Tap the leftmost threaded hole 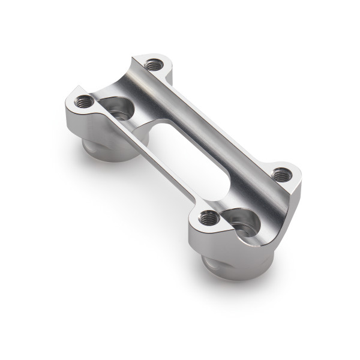[83, 103]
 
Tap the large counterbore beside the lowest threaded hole [245, 223]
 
